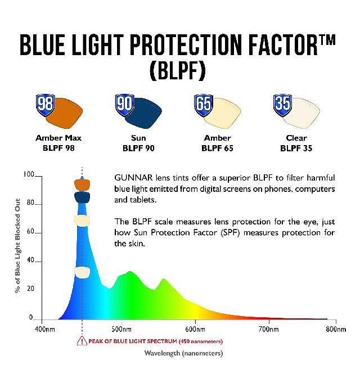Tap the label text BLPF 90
(138, 148)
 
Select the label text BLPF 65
(217, 148)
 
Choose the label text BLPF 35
(296, 148)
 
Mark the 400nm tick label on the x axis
(46, 328)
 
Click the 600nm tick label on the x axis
(195, 328)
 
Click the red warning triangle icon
(82, 341)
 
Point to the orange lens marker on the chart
(82, 184)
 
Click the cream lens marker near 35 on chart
(82, 272)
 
